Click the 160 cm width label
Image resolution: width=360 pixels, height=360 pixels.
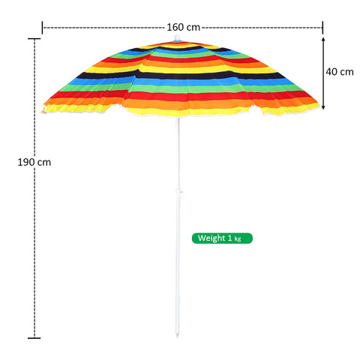click(x=184, y=27)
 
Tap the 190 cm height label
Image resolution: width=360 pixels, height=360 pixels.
click(x=34, y=162)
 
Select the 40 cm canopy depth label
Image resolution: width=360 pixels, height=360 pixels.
click(x=340, y=72)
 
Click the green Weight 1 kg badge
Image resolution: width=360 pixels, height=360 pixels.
click(x=222, y=238)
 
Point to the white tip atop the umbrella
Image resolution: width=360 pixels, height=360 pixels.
click(x=177, y=37)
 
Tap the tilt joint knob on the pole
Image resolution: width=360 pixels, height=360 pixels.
click(x=181, y=193)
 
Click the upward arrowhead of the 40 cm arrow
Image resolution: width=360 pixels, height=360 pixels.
click(x=323, y=40)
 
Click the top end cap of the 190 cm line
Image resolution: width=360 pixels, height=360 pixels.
click(x=34, y=39)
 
